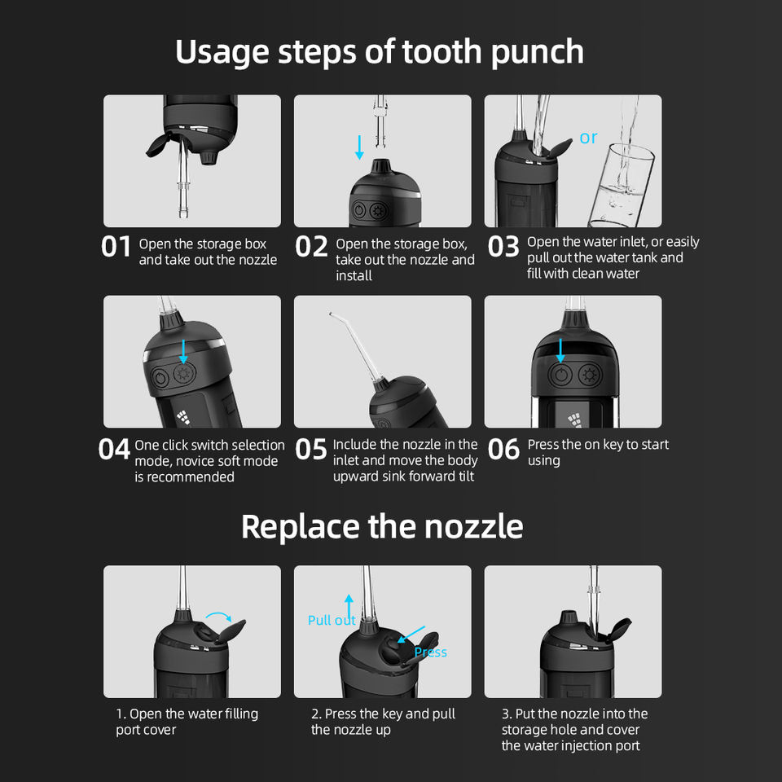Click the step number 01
(x=116, y=246)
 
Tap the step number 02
(x=311, y=246)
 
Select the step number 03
(x=503, y=246)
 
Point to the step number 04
(x=114, y=450)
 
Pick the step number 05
(x=310, y=450)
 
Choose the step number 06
(x=503, y=450)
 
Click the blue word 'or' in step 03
(x=588, y=138)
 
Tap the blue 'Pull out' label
(x=332, y=620)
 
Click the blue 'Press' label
(x=430, y=652)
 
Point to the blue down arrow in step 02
(x=359, y=147)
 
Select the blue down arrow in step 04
(x=183, y=352)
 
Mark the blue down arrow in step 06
(x=560, y=350)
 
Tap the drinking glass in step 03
(x=621, y=185)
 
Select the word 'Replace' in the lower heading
(x=301, y=527)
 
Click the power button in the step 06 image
(x=561, y=375)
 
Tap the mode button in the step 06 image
(x=590, y=375)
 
